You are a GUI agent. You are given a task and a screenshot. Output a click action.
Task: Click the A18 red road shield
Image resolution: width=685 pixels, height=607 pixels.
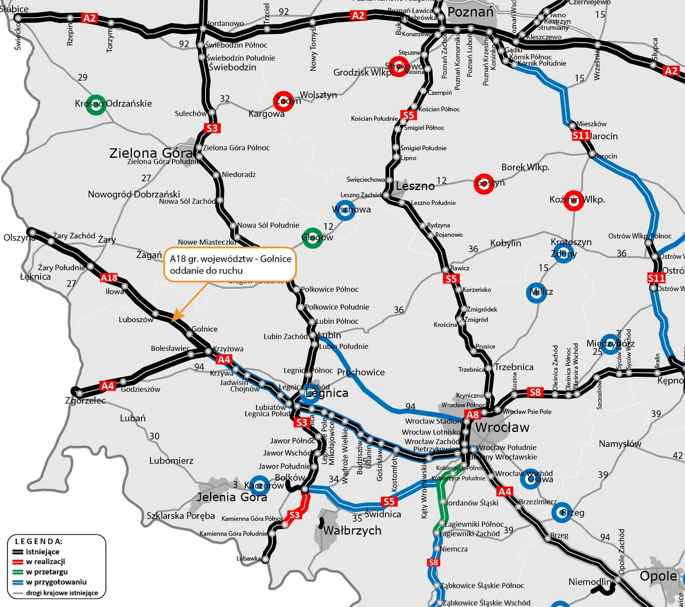pos(109,278)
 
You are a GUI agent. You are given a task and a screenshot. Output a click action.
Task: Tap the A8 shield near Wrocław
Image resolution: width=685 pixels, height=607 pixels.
pos(473,415)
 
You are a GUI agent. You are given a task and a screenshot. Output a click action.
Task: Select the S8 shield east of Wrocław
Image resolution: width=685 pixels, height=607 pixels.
pos(535,392)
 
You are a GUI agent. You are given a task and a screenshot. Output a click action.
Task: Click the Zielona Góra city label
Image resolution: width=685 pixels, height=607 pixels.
pos(151,153)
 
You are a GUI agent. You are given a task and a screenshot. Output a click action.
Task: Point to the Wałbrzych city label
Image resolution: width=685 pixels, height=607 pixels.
pos(352,530)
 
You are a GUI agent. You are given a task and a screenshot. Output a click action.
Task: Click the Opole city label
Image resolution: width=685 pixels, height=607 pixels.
pos(658,576)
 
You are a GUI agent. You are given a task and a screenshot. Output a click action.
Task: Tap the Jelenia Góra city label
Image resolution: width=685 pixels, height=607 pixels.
pos(232,497)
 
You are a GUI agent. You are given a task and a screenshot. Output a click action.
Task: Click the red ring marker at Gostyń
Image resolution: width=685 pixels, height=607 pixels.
pos(484,184)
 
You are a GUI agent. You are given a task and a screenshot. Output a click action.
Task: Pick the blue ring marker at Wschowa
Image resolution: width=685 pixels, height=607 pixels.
pos(344,210)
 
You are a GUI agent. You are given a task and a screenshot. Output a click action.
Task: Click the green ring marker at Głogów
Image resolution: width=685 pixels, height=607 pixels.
pos(312,238)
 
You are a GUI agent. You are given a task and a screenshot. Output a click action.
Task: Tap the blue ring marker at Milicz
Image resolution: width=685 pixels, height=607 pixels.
pos(536,292)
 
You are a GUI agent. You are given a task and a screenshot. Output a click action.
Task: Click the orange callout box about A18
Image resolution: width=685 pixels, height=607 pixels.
pos(230,265)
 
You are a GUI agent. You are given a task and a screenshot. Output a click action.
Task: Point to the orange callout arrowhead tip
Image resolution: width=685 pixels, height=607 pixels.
pos(173,321)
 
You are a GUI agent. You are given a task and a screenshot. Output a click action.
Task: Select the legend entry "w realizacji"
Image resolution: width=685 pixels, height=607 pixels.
pos(45,562)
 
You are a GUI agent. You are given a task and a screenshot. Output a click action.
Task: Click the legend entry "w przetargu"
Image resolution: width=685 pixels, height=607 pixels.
pos(47,572)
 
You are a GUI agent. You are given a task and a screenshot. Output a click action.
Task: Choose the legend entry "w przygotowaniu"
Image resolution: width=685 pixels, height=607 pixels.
pos(56,582)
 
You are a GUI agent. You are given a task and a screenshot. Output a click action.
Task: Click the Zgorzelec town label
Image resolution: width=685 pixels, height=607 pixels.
pos(85,400)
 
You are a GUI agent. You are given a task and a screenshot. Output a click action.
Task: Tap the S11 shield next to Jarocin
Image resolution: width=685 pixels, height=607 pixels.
pos(581,135)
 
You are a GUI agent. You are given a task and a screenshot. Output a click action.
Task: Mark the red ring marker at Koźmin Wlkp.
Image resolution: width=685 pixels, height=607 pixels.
pos(573,200)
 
